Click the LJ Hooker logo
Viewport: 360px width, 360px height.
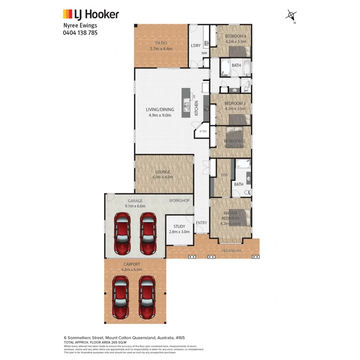coord(91,15)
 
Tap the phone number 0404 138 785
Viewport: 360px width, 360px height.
coord(80,33)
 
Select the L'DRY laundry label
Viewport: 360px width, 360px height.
coord(196,46)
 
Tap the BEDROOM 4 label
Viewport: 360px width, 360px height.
coord(235,36)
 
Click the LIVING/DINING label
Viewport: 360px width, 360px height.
coord(160,110)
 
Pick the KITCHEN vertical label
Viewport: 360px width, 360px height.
coord(196,108)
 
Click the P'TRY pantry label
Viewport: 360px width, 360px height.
coord(203,132)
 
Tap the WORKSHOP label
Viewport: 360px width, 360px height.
coord(179,200)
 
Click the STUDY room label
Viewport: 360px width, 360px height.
coord(179,226)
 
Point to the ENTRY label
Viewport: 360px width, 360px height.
coord(201,222)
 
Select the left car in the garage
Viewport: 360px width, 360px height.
coord(122,233)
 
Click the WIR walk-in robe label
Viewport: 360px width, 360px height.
coord(224,175)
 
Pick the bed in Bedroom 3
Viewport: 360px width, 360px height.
coord(240,119)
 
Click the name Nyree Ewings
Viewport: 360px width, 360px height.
coord(80,25)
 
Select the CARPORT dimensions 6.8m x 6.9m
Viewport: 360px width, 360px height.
coord(132,270)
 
